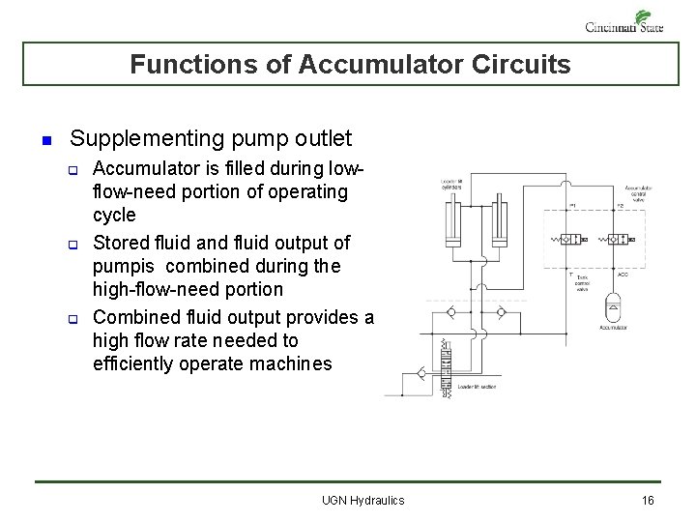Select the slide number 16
648,500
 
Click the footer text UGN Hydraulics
362,500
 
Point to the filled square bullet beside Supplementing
45,141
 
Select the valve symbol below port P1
571,238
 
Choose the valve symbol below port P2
623,238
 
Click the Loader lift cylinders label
450,185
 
